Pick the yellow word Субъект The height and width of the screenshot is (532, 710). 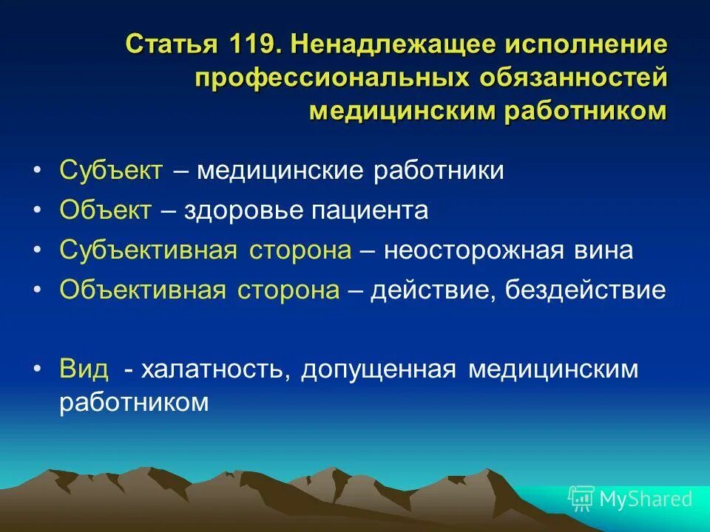pyautogui.click(x=111, y=171)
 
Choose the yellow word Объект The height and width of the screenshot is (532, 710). pyautogui.click(x=106, y=210)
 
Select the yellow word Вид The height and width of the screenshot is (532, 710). pyautogui.click(x=84, y=368)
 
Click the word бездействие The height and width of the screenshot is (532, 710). pyautogui.click(x=586, y=289)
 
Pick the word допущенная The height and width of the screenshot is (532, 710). pyautogui.click(x=378, y=368)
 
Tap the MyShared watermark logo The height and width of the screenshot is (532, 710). pyautogui.click(x=631, y=498)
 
